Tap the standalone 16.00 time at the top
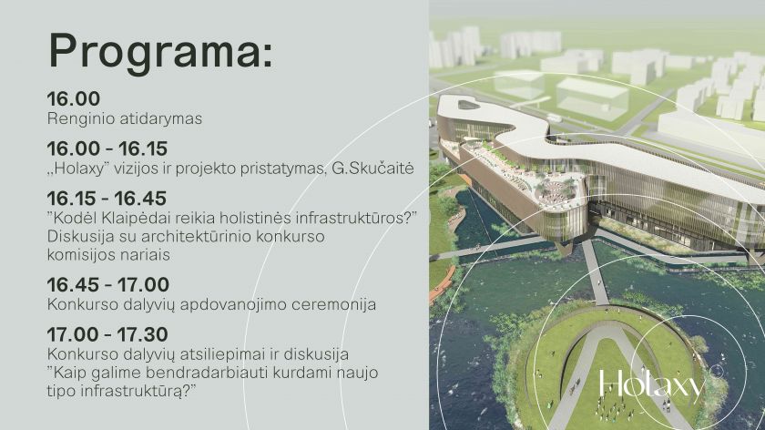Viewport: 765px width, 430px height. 74,98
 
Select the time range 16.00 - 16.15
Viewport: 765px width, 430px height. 107,148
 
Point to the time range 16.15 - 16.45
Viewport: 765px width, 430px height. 107,199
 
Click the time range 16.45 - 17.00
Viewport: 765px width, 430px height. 108,284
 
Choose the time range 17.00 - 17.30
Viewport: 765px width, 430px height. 107,334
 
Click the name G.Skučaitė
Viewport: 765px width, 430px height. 372,169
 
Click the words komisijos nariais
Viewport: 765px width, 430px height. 108,255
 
